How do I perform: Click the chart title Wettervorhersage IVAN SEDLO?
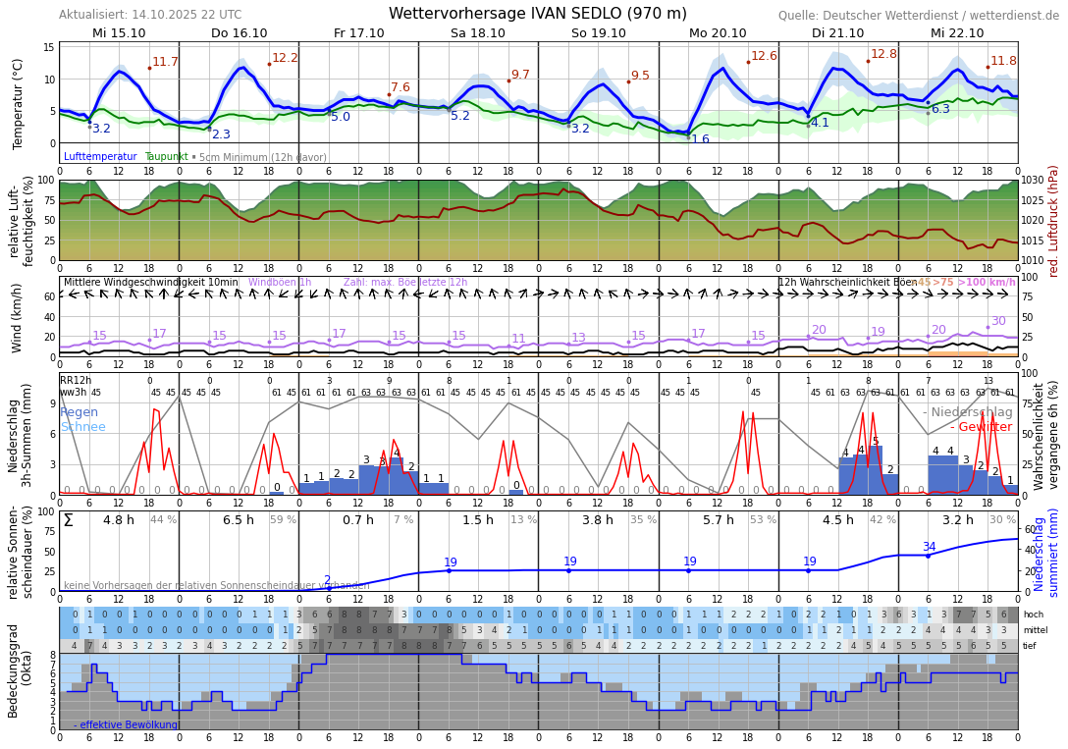[537, 14]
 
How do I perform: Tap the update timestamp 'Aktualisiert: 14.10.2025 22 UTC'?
[150, 15]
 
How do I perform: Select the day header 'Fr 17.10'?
[358, 33]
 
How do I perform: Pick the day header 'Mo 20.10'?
[718, 33]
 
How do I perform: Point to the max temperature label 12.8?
[883, 55]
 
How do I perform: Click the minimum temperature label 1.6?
[700, 139]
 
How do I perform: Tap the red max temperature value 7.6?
[400, 87]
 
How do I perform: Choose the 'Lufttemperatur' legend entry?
[100, 157]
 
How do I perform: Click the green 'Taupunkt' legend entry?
[166, 157]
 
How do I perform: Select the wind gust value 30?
[998, 321]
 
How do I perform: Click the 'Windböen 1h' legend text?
[280, 283]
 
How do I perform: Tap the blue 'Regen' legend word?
[79, 412]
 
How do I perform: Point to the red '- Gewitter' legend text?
[982, 427]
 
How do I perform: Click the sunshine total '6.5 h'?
[238, 520]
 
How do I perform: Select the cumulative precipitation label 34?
[929, 547]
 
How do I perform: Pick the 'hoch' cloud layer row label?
[1033, 615]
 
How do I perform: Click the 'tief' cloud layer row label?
[1032, 646]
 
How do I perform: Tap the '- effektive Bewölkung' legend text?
[126, 725]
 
